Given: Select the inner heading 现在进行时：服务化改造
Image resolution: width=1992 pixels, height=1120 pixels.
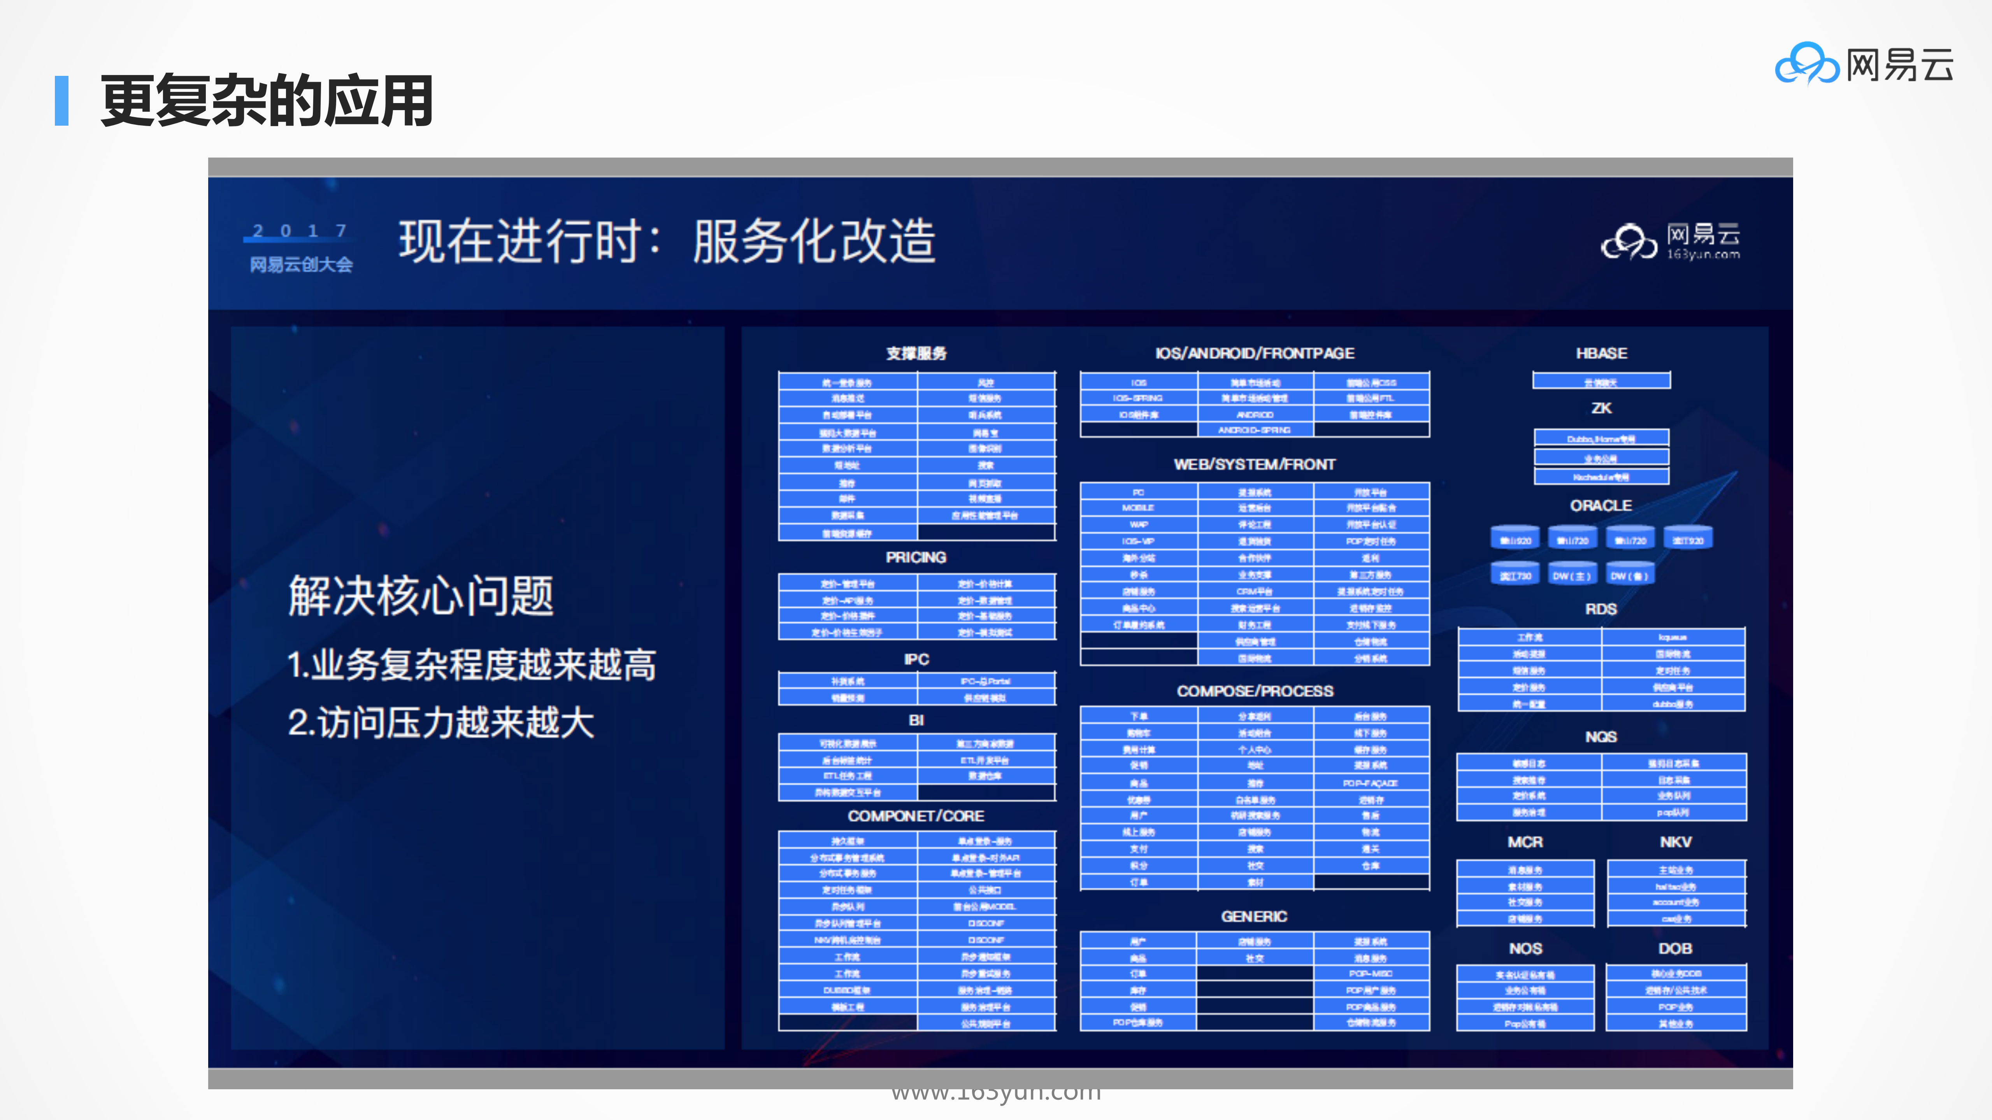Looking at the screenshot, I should coord(667,241).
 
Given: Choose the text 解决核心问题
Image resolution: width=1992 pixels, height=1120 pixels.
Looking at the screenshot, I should coord(421,596).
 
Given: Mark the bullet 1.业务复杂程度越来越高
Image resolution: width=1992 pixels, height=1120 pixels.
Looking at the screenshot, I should coord(472,665).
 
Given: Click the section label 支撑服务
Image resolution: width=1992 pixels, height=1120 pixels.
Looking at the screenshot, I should coord(916,353).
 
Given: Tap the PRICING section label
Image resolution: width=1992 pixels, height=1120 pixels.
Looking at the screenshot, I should coord(916,557).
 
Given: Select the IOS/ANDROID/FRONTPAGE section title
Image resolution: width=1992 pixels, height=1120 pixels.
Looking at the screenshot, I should coord(1254,353).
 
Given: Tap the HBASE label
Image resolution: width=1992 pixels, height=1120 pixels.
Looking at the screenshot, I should coord(1601,353).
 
